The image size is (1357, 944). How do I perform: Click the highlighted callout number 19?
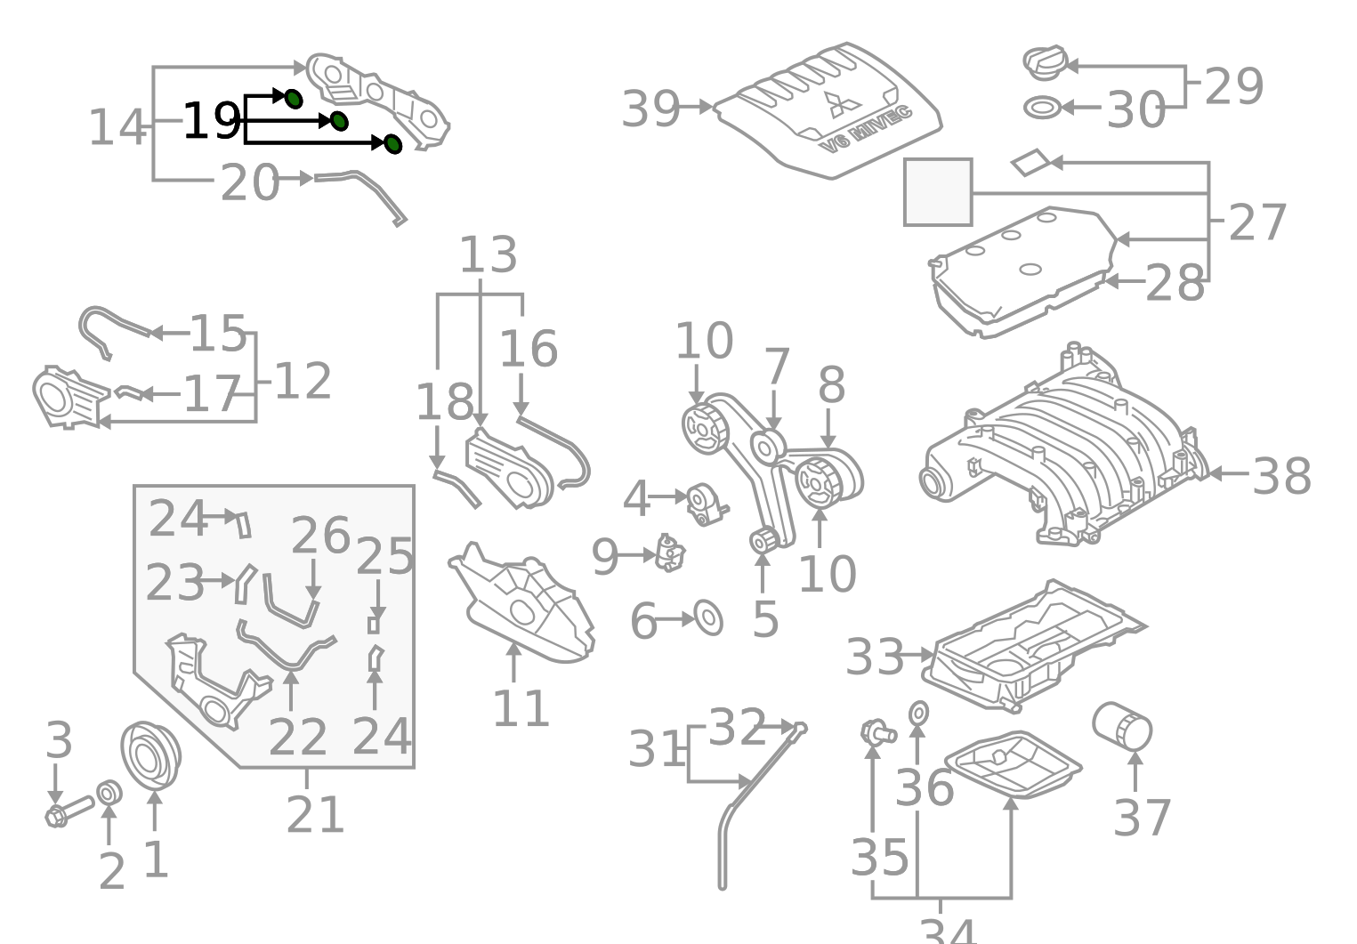click(x=210, y=121)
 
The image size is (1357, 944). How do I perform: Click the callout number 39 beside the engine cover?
click(x=650, y=109)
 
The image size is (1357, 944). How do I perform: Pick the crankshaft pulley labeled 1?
click(x=149, y=755)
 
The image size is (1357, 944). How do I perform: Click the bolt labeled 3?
click(x=68, y=811)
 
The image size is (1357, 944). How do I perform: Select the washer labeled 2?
click(x=109, y=792)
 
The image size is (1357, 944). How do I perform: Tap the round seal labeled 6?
click(x=708, y=618)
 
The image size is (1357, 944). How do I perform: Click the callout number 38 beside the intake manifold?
click(x=1280, y=475)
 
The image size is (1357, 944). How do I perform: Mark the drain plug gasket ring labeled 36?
click(x=918, y=713)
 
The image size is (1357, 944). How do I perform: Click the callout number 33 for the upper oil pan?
click(x=874, y=658)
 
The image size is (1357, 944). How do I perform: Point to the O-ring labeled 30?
click(x=1042, y=109)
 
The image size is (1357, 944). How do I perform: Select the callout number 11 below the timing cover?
click(x=521, y=708)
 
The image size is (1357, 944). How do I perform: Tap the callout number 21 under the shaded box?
click(x=314, y=814)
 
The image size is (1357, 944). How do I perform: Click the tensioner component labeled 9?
click(x=671, y=553)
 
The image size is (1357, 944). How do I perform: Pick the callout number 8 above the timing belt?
click(x=831, y=386)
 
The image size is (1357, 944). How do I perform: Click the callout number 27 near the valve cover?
click(x=1256, y=222)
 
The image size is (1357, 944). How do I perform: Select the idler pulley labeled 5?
click(x=763, y=539)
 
